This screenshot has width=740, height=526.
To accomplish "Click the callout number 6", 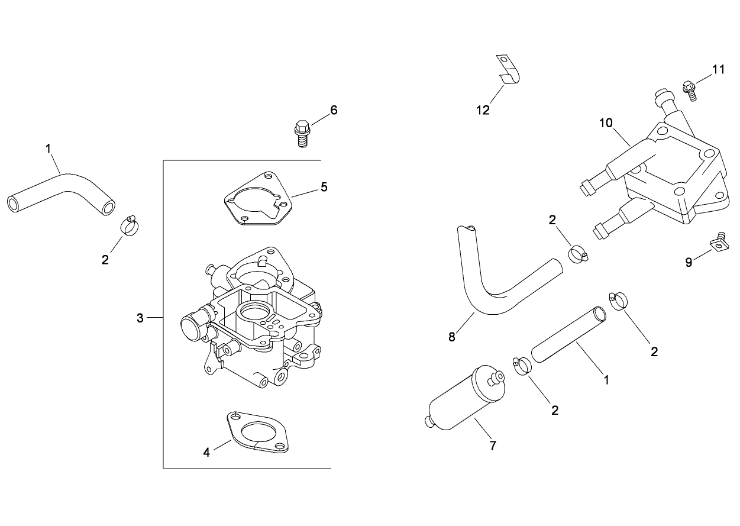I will tap(334, 110).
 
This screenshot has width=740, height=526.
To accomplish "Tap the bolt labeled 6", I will tap(301, 133).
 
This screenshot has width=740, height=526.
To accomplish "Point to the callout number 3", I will tap(140, 318).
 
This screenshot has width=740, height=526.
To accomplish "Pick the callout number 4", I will tap(206, 453).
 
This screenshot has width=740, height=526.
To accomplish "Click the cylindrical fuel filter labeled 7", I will tap(464, 398).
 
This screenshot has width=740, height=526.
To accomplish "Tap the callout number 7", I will tap(493, 446).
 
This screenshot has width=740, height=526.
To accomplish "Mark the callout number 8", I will tap(452, 337).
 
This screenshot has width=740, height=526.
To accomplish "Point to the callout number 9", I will tap(689, 262).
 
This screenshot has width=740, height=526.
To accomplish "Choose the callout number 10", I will tap(606, 123).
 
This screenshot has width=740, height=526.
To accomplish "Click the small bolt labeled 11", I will tap(689, 88).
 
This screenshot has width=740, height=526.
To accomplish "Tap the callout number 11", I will tap(718, 70).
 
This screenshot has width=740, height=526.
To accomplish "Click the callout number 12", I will tap(483, 110).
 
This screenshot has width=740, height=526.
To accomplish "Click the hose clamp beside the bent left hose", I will tap(129, 224).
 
